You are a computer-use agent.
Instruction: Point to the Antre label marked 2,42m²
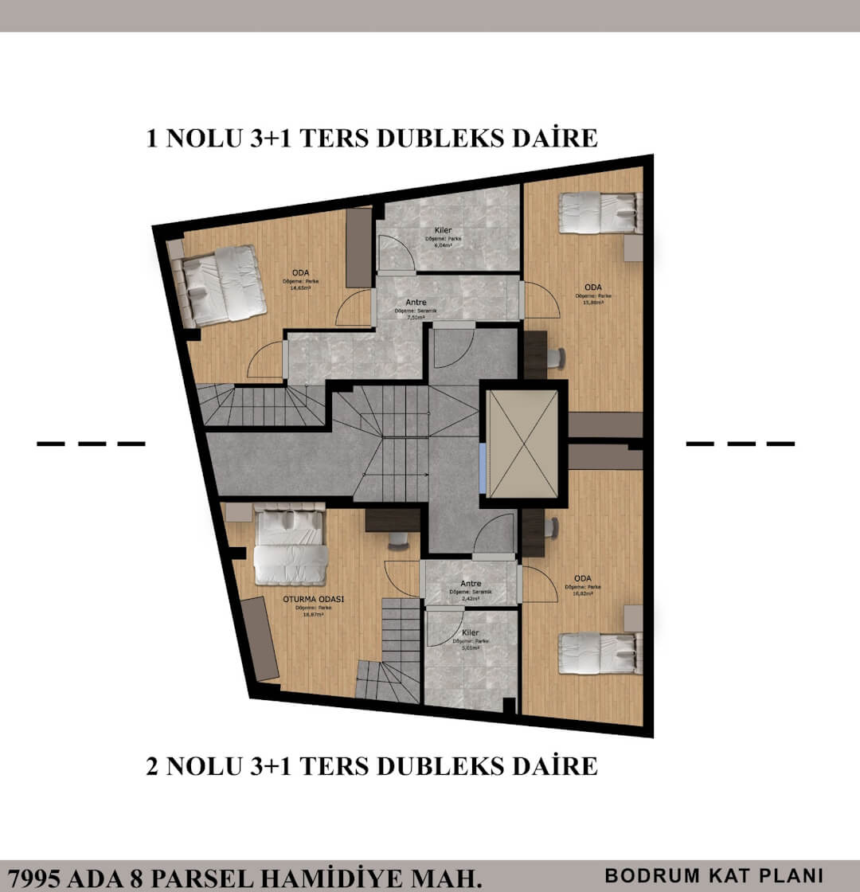coord(471,584)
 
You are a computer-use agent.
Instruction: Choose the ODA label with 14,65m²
coord(300,273)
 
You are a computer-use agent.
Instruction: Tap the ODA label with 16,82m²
coord(583,578)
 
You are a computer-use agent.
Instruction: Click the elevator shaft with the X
coord(522,444)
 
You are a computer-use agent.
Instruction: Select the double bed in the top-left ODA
coord(222,284)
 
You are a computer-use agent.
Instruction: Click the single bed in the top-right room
coord(599,213)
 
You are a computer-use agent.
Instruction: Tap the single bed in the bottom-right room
coord(599,653)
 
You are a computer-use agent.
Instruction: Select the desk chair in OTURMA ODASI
coord(398,539)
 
